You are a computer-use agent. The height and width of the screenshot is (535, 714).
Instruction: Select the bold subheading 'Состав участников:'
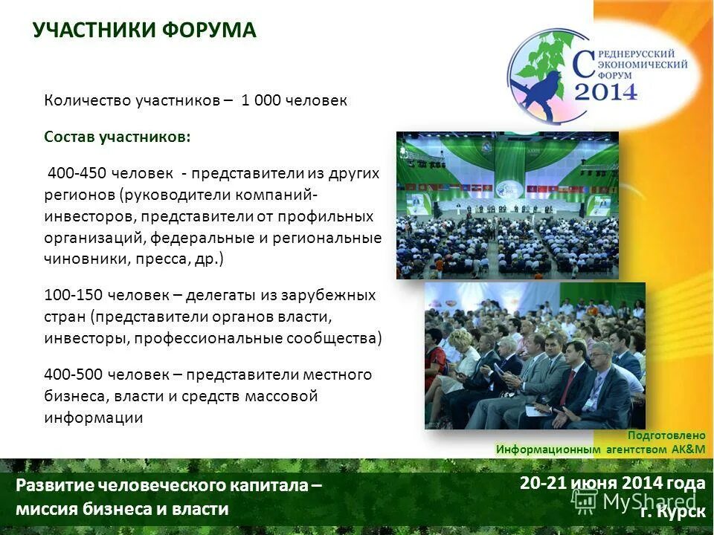click(x=117, y=137)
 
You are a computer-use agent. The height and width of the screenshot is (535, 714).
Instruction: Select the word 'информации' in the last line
click(x=93, y=418)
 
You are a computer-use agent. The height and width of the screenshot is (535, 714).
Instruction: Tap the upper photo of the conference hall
click(x=507, y=205)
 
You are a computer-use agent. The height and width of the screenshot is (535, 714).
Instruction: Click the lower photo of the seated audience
click(x=535, y=356)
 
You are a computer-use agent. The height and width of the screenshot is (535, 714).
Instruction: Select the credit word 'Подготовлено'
click(x=666, y=435)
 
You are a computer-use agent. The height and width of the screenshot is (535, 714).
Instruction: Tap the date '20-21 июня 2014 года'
click(x=612, y=484)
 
